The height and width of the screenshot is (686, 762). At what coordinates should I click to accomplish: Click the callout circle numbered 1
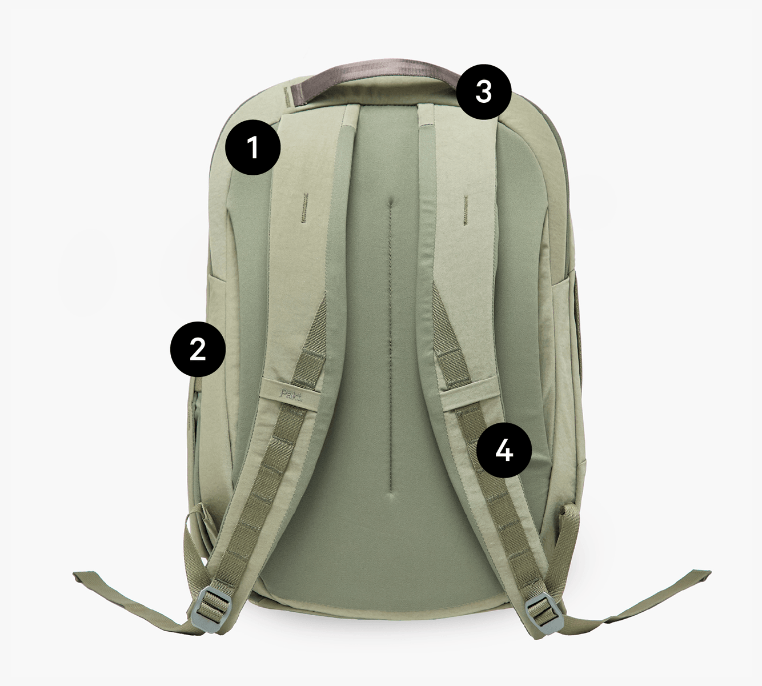tap(253, 147)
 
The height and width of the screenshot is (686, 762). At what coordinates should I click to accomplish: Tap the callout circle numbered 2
tap(198, 349)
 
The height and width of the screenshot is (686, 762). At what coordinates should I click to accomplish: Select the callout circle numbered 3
tap(484, 91)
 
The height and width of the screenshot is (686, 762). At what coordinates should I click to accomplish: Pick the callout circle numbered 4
tap(504, 451)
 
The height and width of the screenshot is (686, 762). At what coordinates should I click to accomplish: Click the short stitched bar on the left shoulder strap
tap(304, 208)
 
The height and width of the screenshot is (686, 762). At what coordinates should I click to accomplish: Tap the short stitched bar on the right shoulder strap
tap(464, 209)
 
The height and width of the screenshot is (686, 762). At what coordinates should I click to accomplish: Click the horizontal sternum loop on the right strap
tap(468, 397)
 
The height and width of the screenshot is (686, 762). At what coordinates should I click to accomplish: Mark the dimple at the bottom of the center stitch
tap(391, 498)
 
